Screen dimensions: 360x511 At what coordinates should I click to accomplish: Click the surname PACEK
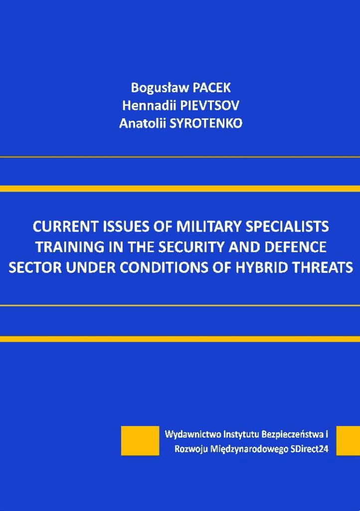212,88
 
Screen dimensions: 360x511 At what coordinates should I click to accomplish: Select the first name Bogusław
160,88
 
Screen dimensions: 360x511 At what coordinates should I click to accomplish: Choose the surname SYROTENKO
206,123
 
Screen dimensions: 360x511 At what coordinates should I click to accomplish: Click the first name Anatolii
143,123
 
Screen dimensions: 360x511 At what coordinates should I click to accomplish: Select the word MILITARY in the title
209,227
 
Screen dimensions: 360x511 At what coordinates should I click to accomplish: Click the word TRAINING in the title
67,247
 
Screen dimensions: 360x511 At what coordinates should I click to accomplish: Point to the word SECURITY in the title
192,247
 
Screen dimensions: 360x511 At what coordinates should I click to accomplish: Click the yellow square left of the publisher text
140,440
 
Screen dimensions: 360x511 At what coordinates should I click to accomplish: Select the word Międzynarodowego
245,449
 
